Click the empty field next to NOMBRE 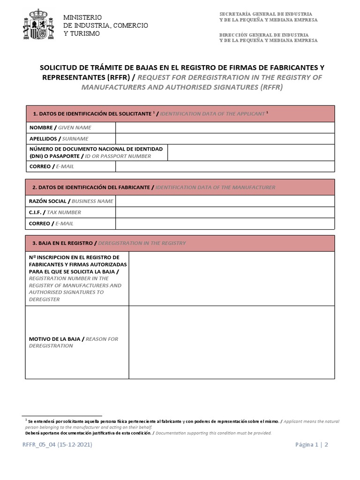pyautogui.click(x=225, y=127)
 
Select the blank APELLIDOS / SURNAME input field pyautogui.click(x=225, y=139)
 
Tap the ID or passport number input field pyautogui.click(x=251, y=152)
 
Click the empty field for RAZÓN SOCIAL pyautogui.click(x=225, y=201)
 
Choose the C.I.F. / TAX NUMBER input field pyautogui.click(x=225, y=212)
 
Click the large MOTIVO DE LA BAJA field pyautogui.click(x=232, y=342)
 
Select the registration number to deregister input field pyautogui.click(x=232, y=278)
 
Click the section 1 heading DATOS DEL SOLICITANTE pyautogui.click(x=92, y=114)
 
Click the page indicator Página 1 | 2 pyautogui.click(x=311, y=445)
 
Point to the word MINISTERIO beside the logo pyautogui.click(x=82, y=17)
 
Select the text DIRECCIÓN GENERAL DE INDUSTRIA pyautogui.click(x=264, y=35)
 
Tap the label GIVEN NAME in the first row pyautogui.click(x=75, y=127)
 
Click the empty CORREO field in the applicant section pyautogui.click(x=225, y=166)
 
